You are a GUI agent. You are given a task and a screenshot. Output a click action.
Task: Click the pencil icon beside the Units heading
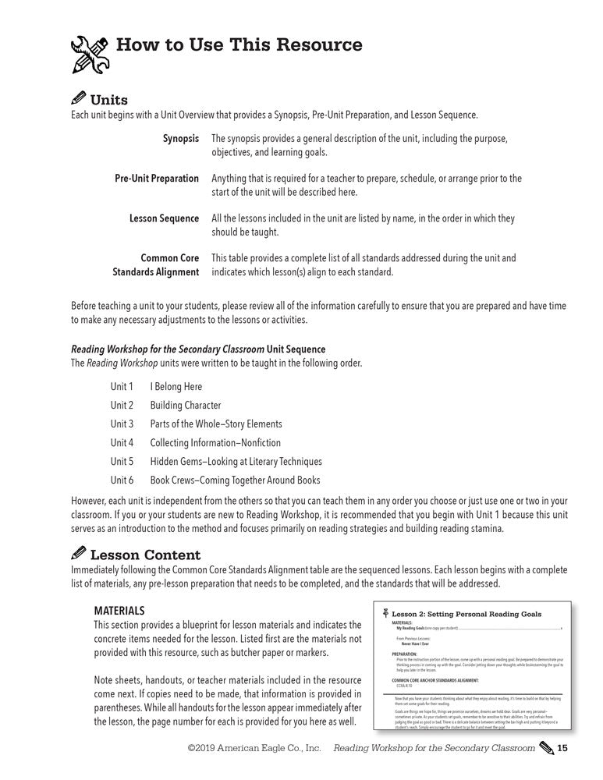(x=79, y=100)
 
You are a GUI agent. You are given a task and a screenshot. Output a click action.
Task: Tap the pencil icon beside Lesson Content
(x=79, y=555)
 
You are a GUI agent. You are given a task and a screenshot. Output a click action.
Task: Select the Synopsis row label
(x=181, y=138)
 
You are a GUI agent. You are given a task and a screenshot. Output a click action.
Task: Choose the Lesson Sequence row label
(x=164, y=218)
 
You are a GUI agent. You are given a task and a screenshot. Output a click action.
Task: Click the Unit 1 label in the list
(x=122, y=386)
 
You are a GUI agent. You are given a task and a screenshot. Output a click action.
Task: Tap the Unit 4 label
(x=122, y=442)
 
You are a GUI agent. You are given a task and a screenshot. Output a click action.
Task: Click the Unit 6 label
(x=122, y=480)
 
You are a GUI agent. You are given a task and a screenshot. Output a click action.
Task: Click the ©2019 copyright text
(x=254, y=749)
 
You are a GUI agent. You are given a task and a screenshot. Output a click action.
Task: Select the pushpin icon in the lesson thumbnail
(x=385, y=613)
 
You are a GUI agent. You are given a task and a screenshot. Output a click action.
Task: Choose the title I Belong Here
(x=176, y=386)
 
